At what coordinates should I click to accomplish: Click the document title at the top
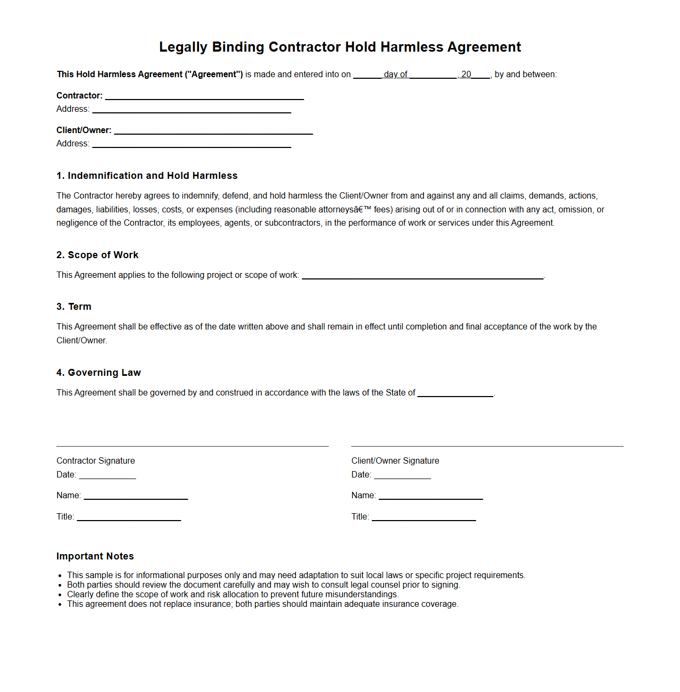click(340, 47)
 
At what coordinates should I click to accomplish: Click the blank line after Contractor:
click(204, 96)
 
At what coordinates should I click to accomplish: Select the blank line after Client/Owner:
click(213, 131)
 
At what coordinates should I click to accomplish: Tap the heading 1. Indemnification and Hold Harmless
click(147, 176)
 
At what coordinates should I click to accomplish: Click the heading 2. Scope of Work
click(97, 255)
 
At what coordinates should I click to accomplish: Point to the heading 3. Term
click(74, 307)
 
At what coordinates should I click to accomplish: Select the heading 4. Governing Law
click(98, 373)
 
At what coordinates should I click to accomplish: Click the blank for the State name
click(455, 393)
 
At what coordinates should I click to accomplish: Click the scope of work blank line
click(422, 276)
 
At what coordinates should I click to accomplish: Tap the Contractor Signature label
click(96, 460)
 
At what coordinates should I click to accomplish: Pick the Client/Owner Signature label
click(395, 460)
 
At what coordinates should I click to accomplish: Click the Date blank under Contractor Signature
click(107, 475)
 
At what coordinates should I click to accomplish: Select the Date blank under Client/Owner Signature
click(402, 475)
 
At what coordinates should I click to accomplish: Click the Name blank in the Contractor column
click(136, 496)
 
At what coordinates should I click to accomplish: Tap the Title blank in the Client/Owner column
click(424, 517)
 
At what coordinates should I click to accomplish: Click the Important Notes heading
click(95, 556)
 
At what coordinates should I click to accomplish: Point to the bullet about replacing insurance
click(262, 604)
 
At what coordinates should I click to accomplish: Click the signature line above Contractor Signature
click(192, 446)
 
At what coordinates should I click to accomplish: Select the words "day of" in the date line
click(395, 75)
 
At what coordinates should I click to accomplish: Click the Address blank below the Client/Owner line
click(192, 144)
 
